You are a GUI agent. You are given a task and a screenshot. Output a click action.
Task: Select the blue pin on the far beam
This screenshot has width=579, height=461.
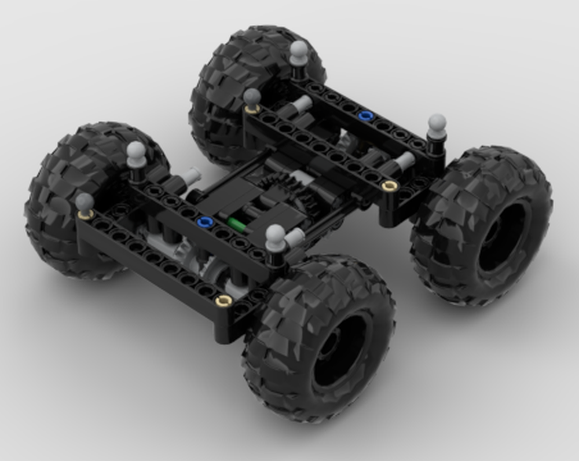[x=364, y=116]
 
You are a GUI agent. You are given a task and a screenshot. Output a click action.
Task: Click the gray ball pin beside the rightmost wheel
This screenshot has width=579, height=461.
[x=437, y=123]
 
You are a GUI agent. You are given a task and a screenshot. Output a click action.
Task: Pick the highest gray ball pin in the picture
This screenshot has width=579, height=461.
[x=299, y=50]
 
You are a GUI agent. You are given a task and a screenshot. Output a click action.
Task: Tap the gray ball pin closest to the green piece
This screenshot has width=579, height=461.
[x=276, y=235]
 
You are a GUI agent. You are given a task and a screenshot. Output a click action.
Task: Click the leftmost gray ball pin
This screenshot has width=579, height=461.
[x=85, y=202]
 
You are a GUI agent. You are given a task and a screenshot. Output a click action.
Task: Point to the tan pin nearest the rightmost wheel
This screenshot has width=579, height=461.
[x=391, y=185]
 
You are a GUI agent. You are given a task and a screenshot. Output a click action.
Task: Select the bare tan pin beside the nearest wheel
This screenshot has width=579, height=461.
[x=223, y=300]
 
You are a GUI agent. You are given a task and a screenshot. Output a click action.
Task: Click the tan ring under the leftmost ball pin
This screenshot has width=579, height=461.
[x=86, y=215]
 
